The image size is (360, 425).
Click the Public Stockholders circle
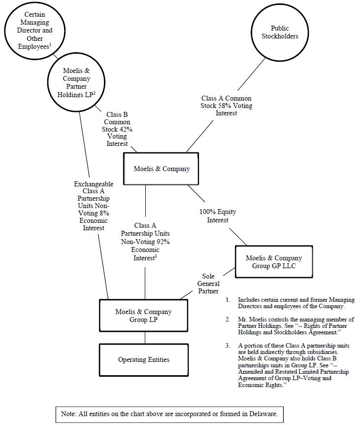tap(280, 32)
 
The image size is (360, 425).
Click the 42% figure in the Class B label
tap(126, 129)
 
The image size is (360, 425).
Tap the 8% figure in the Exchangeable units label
tap(104, 213)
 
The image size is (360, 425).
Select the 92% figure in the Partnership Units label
tap(163, 242)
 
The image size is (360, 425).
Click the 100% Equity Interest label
tap(218, 216)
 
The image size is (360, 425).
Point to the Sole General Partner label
tap(208, 283)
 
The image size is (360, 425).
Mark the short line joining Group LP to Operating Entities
tap(145, 338)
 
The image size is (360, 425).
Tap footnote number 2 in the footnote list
tap(228, 319)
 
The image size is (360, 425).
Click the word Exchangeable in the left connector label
tap(94, 184)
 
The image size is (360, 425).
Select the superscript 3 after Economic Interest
tap(156, 256)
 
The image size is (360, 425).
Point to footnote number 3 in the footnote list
tap(228, 346)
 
